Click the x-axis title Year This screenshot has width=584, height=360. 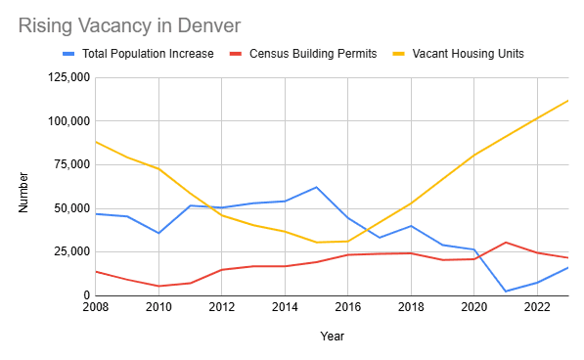[x=332, y=337]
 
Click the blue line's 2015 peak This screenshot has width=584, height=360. [x=316, y=187]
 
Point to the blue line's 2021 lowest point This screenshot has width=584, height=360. [x=505, y=291]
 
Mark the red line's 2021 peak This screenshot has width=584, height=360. [x=505, y=242]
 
